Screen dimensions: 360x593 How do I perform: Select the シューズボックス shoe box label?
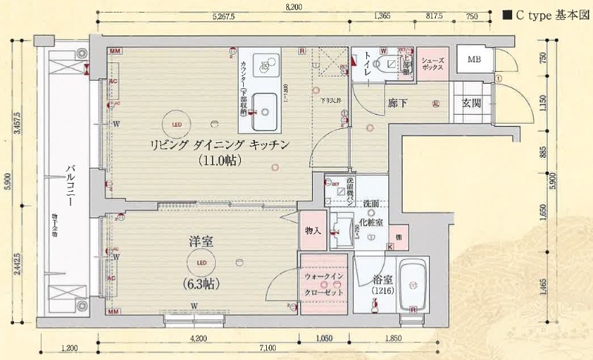tap(432, 64)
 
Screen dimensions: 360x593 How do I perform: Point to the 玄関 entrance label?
tap(472, 104)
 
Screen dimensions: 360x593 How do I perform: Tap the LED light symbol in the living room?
tap(176, 124)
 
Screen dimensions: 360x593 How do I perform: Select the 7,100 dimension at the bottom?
tap(268, 347)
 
